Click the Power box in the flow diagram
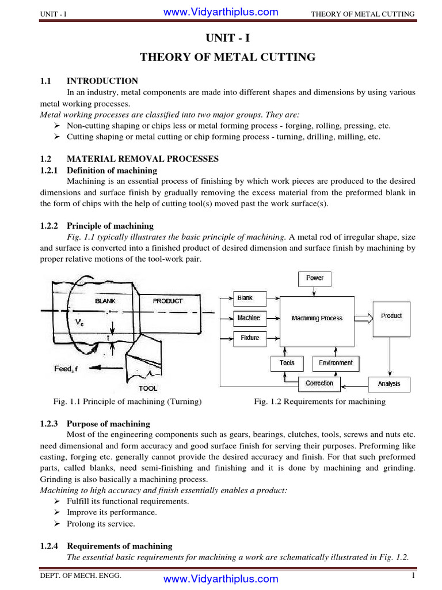(315, 278)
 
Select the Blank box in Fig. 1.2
(245, 298)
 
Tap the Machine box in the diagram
(248, 318)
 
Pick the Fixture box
(249, 338)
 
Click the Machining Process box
(317, 319)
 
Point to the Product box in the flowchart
(391, 316)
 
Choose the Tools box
(287, 363)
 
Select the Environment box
(336, 363)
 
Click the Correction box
(319, 383)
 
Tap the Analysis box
(389, 384)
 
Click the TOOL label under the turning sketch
(148, 388)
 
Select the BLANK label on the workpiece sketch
(105, 301)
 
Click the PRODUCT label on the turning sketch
(167, 301)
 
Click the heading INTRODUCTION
(102, 81)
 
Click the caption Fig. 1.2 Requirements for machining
(319, 402)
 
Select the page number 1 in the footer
(413, 576)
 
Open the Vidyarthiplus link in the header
(220, 12)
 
